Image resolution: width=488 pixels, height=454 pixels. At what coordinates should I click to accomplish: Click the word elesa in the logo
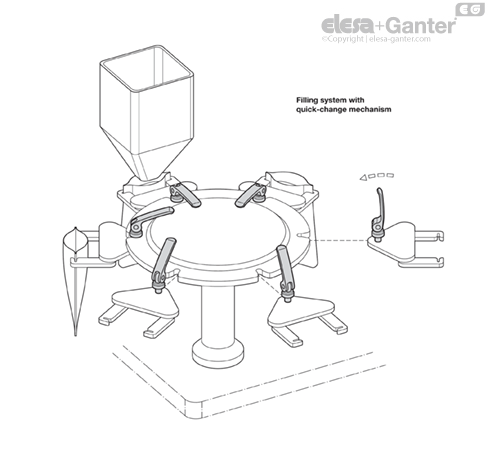pyautogui.click(x=343, y=24)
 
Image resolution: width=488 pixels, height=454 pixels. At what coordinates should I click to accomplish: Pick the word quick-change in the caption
pyautogui.click(x=322, y=109)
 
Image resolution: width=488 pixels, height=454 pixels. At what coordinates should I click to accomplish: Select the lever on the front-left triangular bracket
pyautogui.click(x=164, y=262)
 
